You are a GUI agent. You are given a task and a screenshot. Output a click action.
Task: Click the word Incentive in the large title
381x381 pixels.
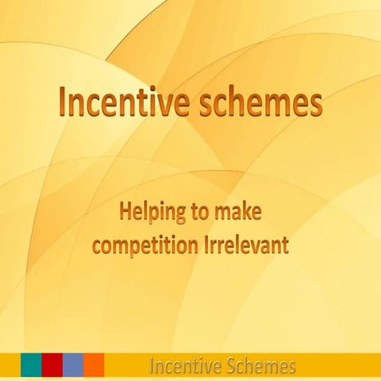click(120, 102)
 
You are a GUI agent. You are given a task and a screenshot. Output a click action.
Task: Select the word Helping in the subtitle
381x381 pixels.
click(148, 212)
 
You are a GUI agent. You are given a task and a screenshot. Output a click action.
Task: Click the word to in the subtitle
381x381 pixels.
click(194, 213)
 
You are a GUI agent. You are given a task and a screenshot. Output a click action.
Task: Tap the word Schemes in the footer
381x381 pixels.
click(256, 366)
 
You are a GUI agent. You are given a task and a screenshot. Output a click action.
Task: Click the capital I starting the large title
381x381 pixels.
click(63, 102)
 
